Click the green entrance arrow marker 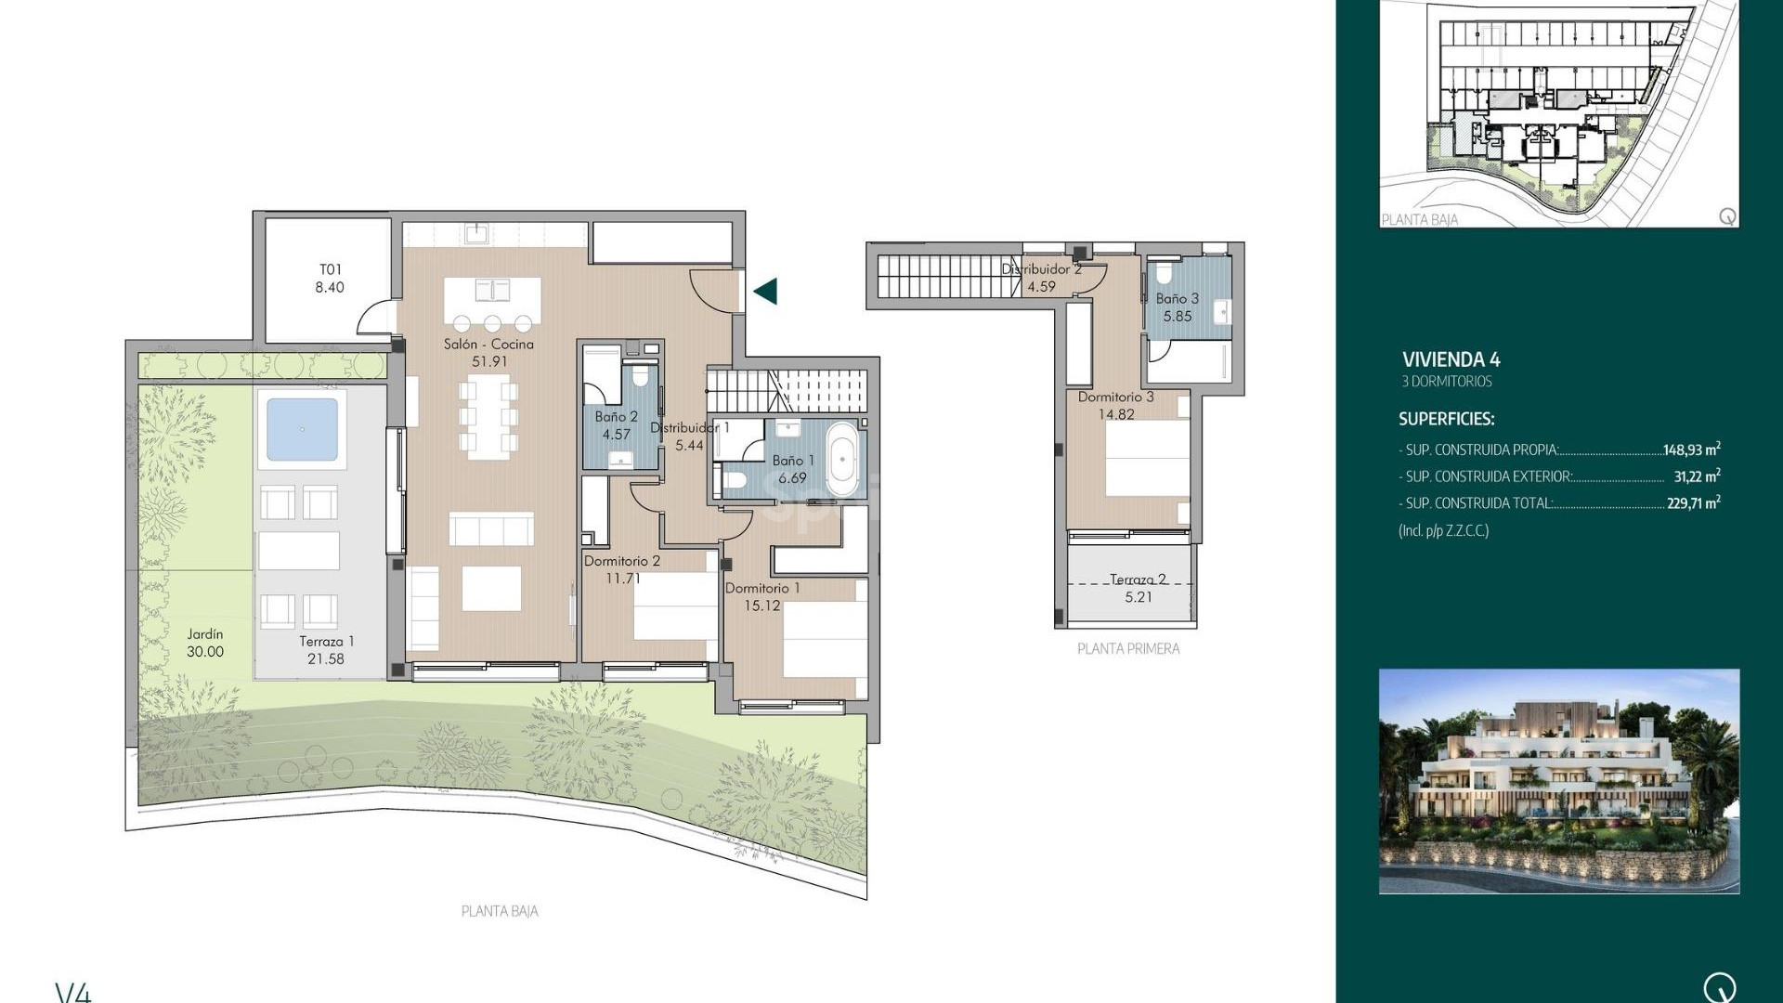tap(766, 292)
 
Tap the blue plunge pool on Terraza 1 tap(302, 429)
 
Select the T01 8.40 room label tap(330, 279)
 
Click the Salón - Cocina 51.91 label tap(488, 352)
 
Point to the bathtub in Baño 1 tap(842, 460)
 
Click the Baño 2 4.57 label tap(616, 425)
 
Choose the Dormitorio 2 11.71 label tap(622, 569)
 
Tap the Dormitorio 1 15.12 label tap(761, 596)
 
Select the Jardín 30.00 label tap(205, 643)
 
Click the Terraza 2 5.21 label tap(1138, 588)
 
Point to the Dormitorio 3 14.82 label tap(1115, 405)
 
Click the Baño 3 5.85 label tap(1177, 307)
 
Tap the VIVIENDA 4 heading tap(1451, 359)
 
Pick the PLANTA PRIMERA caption tap(1128, 649)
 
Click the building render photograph tap(1558, 781)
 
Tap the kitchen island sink tap(492, 291)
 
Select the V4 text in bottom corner tap(73, 992)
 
